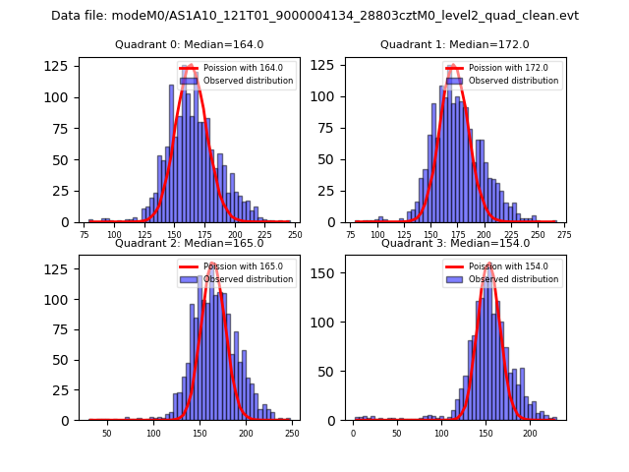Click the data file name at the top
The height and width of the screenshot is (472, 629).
(314, 16)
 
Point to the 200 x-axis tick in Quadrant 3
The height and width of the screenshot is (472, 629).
(530, 433)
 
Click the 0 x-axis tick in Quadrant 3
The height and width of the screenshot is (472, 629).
(354, 433)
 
